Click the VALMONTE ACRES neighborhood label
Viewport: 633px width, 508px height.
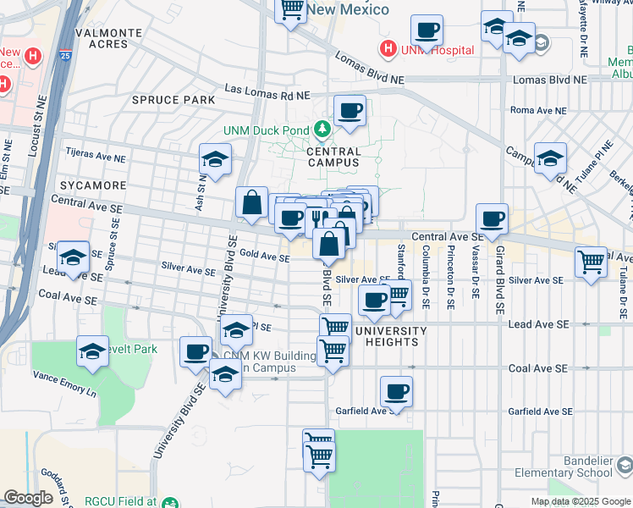tap(108, 38)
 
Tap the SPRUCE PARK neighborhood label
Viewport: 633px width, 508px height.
tap(173, 100)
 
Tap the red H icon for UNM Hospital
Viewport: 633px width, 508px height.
tap(388, 49)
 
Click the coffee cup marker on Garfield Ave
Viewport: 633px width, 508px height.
tap(396, 391)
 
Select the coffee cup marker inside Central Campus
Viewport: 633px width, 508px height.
tap(349, 110)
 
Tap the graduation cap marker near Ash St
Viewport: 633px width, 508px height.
tap(215, 159)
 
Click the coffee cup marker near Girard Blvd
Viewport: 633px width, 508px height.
tap(492, 218)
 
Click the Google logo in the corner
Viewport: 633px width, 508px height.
tap(28, 498)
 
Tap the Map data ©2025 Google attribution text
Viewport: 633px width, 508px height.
tap(580, 501)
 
